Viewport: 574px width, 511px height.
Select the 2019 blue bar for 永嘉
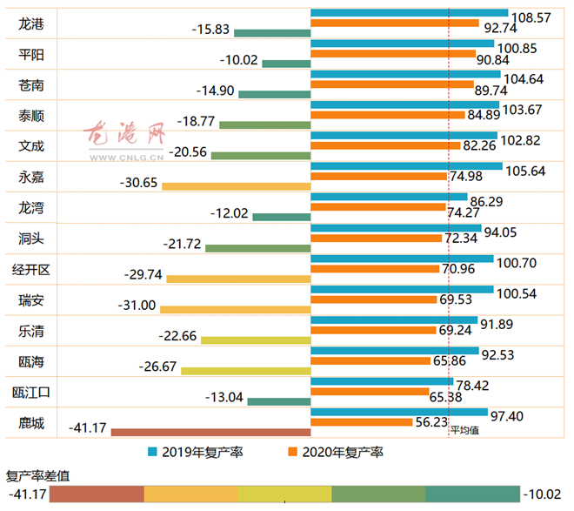click(x=406, y=165)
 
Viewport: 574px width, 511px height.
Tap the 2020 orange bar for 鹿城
click(x=361, y=421)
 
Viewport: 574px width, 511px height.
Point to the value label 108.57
click(x=533, y=16)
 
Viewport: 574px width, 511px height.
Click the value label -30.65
click(x=140, y=185)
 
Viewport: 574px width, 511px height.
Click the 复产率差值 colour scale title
click(x=38, y=475)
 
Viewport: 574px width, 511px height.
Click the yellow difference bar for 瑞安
click(x=235, y=308)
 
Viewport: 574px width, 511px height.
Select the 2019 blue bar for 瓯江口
click(x=382, y=381)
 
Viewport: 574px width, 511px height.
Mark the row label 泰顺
click(x=32, y=116)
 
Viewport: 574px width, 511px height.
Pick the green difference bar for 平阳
click(x=286, y=63)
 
